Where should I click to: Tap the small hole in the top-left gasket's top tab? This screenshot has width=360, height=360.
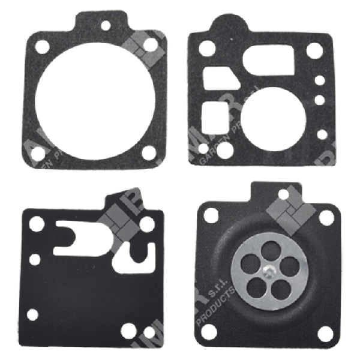[x=106, y=26]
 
